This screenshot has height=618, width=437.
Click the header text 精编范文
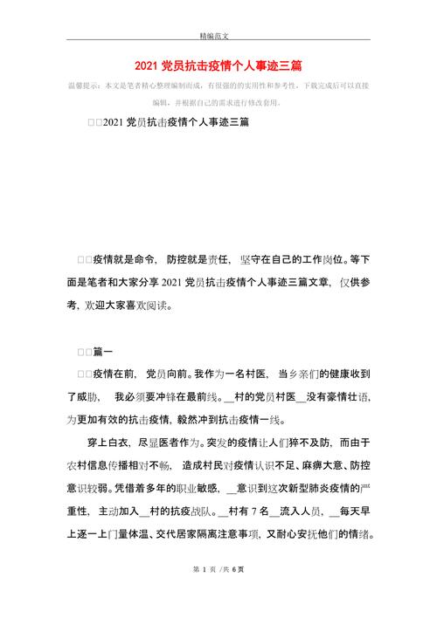tap(218, 38)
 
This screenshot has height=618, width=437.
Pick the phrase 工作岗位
tap(320, 260)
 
